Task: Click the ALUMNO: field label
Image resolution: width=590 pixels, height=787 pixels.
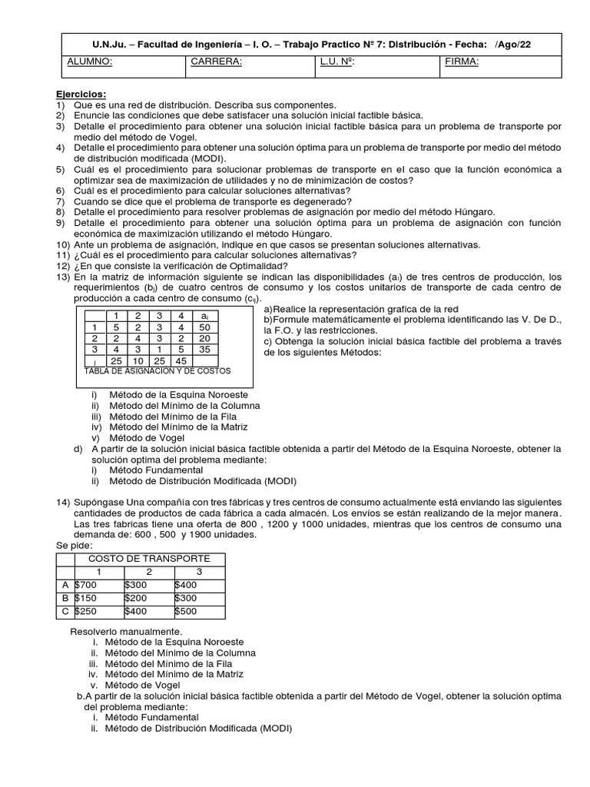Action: pyautogui.click(x=90, y=62)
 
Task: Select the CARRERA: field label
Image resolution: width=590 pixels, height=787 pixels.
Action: pyautogui.click(x=216, y=62)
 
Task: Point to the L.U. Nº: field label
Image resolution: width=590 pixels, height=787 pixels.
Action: pyautogui.click(x=337, y=62)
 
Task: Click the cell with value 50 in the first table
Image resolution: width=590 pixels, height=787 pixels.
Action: pyautogui.click(x=204, y=327)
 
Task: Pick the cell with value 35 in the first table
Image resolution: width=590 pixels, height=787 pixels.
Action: pyautogui.click(x=204, y=348)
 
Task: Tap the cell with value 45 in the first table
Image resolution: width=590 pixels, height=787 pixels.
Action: pyautogui.click(x=182, y=360)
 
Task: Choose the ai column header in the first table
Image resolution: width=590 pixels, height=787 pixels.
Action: pyautogui.click(x=204, y=316)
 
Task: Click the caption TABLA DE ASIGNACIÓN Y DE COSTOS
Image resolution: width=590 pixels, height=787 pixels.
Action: pyautogui.click(x=157, y=370)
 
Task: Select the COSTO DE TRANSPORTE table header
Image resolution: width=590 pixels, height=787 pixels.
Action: pyautogui.click(x=148, y=558)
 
